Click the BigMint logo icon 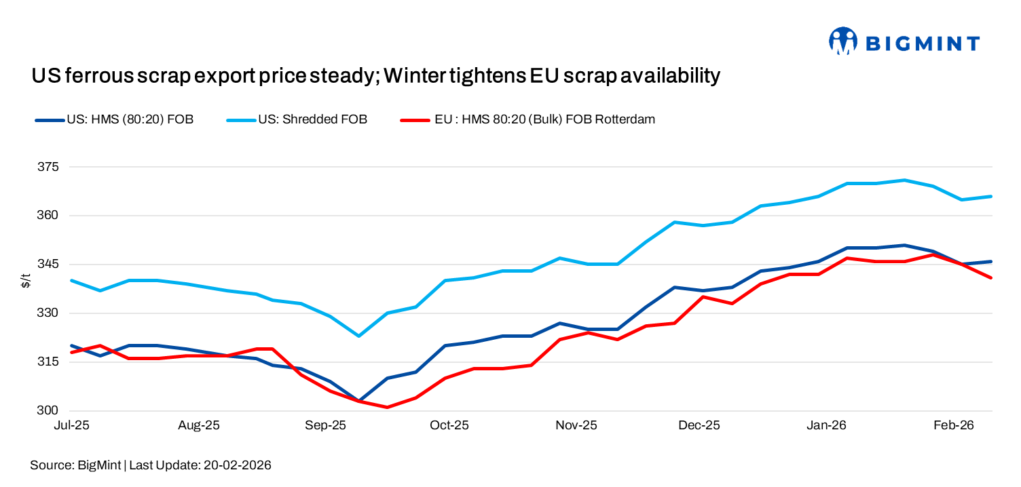[842, 41]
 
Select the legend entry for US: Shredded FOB [312, 120]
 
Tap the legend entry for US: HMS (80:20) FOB [130, 120]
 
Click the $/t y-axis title [26, 280]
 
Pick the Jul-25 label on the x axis [72, 426]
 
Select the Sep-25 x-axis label [324, 426]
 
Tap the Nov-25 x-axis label [576, 426]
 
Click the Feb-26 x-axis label [954, 426]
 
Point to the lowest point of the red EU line [387, 407]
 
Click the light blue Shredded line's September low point [358, 336]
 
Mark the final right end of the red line [991, 277]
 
